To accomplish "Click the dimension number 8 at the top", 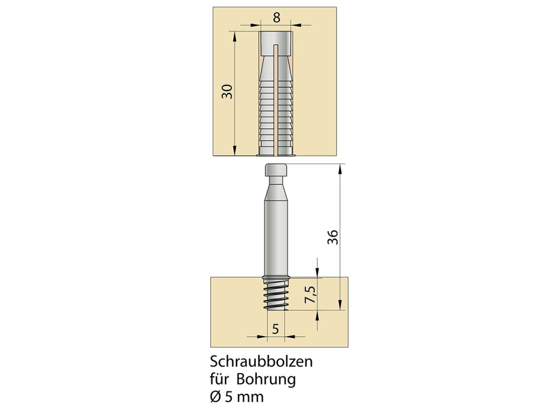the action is [x=276, y=17].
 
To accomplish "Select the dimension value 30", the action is [x=229, y=91].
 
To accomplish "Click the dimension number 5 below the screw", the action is [x=276, y=329].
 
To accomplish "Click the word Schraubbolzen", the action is [x=261, y=362].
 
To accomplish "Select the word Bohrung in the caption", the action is [x=266, y=380].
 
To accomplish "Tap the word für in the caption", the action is [x=219, y=380].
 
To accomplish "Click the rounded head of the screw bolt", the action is [x=276, y=172].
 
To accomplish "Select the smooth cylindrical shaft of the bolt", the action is [x=276, y=235].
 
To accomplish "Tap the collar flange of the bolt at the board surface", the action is [x=276, y=278].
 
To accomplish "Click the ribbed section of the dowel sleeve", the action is [x=276, y=107].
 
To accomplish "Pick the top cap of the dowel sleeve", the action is [x=276, y=43].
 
